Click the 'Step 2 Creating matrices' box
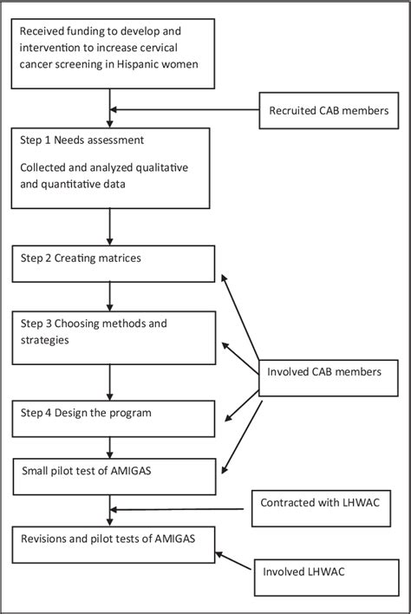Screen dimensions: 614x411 [x=113, y=263]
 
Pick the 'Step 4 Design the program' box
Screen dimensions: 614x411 [x=113, y=417]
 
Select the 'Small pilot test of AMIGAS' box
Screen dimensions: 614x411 [x=113, y=474]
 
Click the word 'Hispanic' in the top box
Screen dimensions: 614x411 [x=147, y=63]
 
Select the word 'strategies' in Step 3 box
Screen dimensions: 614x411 [x=49, y=339]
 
